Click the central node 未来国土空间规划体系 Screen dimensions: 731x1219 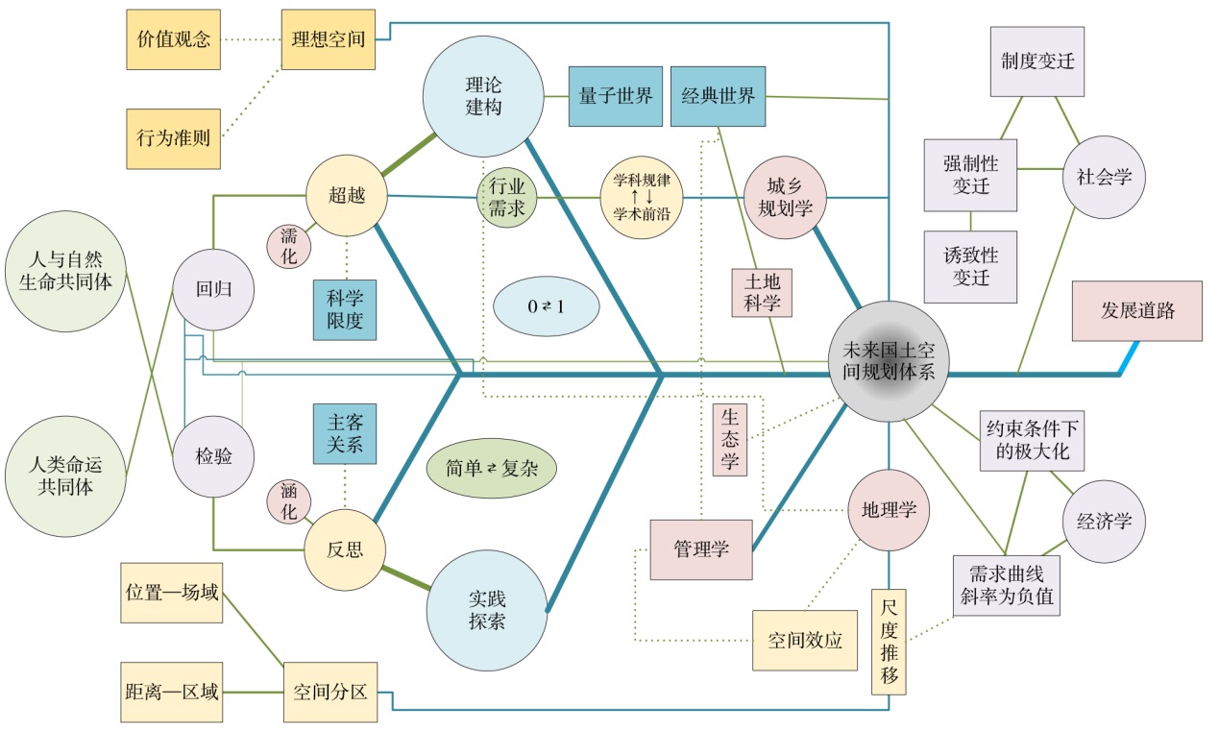coord(889,360)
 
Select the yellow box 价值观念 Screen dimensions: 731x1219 coord(174,40)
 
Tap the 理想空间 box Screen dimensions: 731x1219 coord(328,40)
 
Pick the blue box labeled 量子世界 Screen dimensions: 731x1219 coord(616,96)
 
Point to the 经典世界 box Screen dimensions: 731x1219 coord(718,96)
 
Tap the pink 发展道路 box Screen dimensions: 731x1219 coord(1137,311)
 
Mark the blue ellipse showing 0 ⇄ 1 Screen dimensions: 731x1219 coord(546,308)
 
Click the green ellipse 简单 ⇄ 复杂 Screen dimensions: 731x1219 coord(492,468)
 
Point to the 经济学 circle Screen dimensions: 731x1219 coord(1104,522)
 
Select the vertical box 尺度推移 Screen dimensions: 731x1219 coord(890,642)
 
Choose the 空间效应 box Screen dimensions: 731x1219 coord(805,640)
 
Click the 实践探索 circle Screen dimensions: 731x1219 coord(488,608)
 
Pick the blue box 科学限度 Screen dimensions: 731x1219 coord(345,310)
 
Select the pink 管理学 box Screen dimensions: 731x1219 coord(700,549)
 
